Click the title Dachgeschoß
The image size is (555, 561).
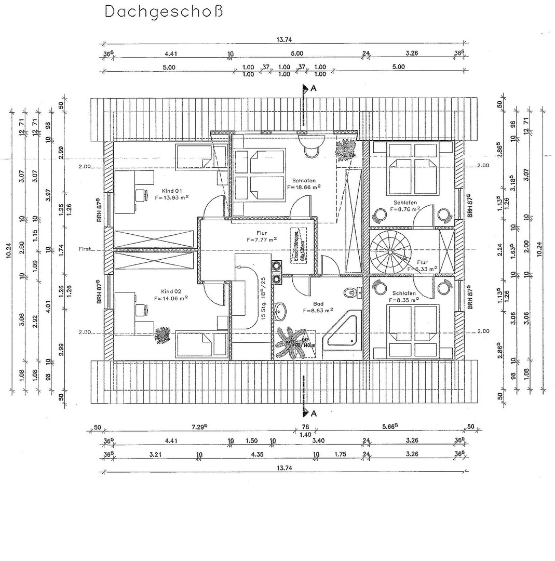pos(164,11)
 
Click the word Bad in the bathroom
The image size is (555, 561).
pos(318,304)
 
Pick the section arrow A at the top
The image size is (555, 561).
pos(307,89)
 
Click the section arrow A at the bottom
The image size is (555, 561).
pos(307,413)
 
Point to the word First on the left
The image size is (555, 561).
pos(85,249)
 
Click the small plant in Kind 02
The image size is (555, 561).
pos(162,335)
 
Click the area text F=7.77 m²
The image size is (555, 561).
pos(261,240)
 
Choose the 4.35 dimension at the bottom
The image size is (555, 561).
pos(257,453)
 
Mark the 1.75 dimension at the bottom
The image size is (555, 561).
pos(340,453)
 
